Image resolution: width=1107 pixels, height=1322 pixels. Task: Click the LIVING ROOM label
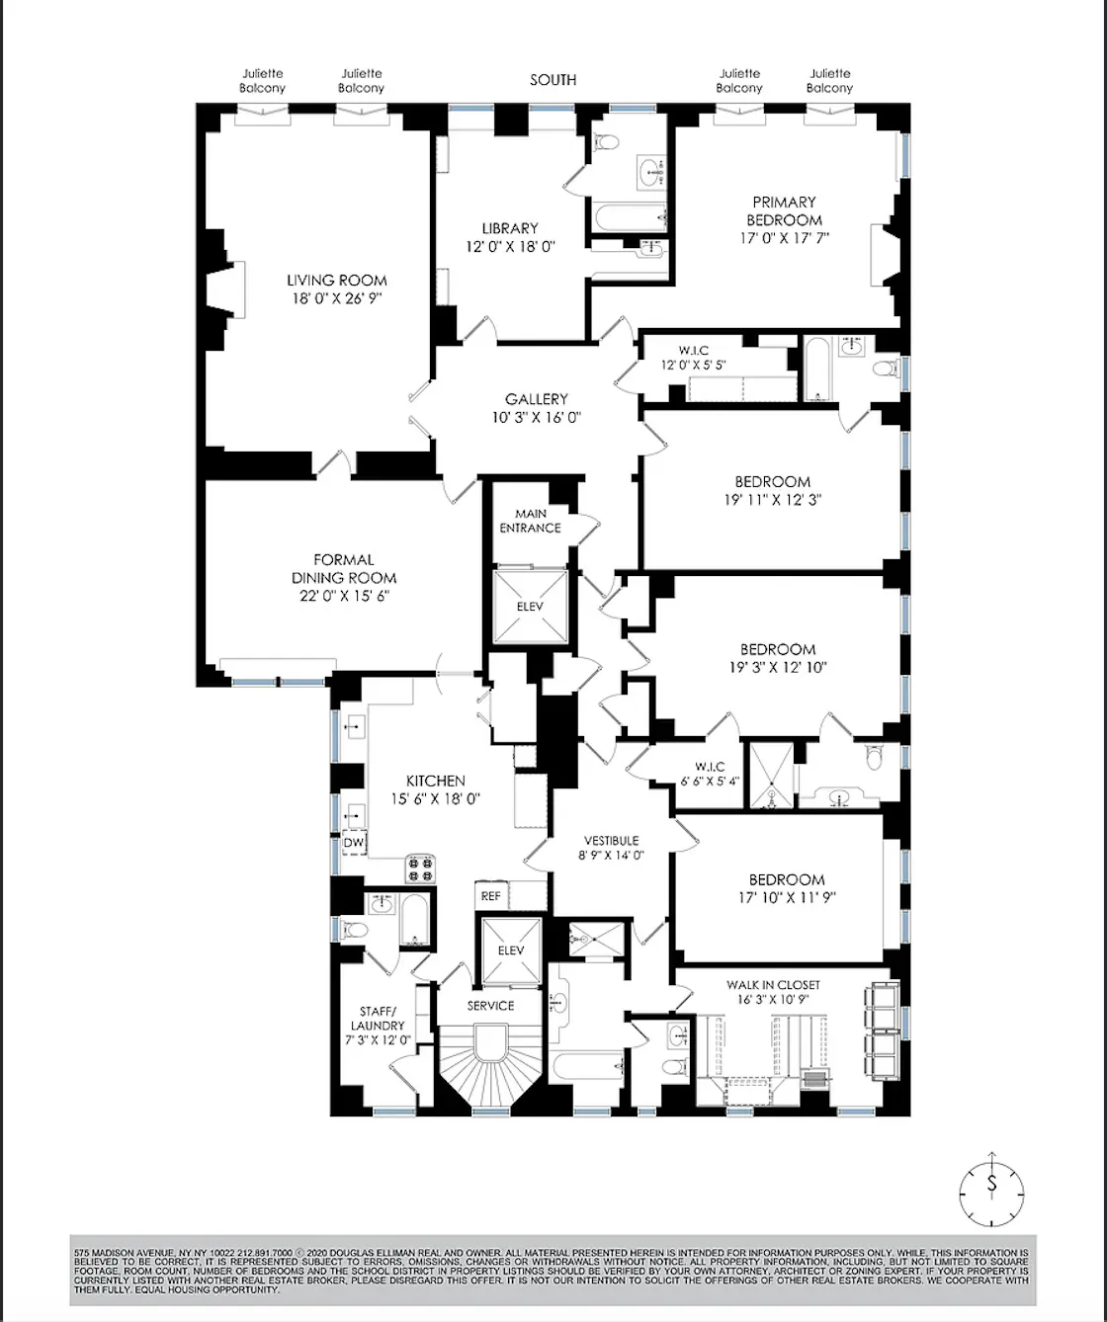point(336,281)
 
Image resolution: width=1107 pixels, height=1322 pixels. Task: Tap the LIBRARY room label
point(510,228)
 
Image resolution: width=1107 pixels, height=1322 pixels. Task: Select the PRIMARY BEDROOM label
point(784,210)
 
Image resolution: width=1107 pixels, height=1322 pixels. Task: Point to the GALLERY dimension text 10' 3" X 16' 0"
point(536,417)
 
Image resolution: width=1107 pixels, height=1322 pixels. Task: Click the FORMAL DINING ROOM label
point(344,568)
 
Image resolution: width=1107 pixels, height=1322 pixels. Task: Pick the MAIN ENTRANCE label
point(530,521)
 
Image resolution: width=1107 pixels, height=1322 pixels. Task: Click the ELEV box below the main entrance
point(531,606)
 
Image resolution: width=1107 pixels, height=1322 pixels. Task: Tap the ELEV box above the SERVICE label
point(511,950)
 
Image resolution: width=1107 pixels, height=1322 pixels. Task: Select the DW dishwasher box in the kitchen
point(354,843)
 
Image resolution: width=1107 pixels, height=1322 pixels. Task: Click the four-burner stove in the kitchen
point(420,868)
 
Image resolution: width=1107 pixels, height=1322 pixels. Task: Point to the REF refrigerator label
point(491,896)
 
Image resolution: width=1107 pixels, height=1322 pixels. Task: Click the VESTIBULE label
point(611,840)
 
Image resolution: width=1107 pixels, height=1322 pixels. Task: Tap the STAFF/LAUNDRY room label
point(378,1018)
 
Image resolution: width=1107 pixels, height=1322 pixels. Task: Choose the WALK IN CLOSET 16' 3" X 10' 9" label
point(773,985)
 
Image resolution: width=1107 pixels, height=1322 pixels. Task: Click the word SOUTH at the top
point(553,80)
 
